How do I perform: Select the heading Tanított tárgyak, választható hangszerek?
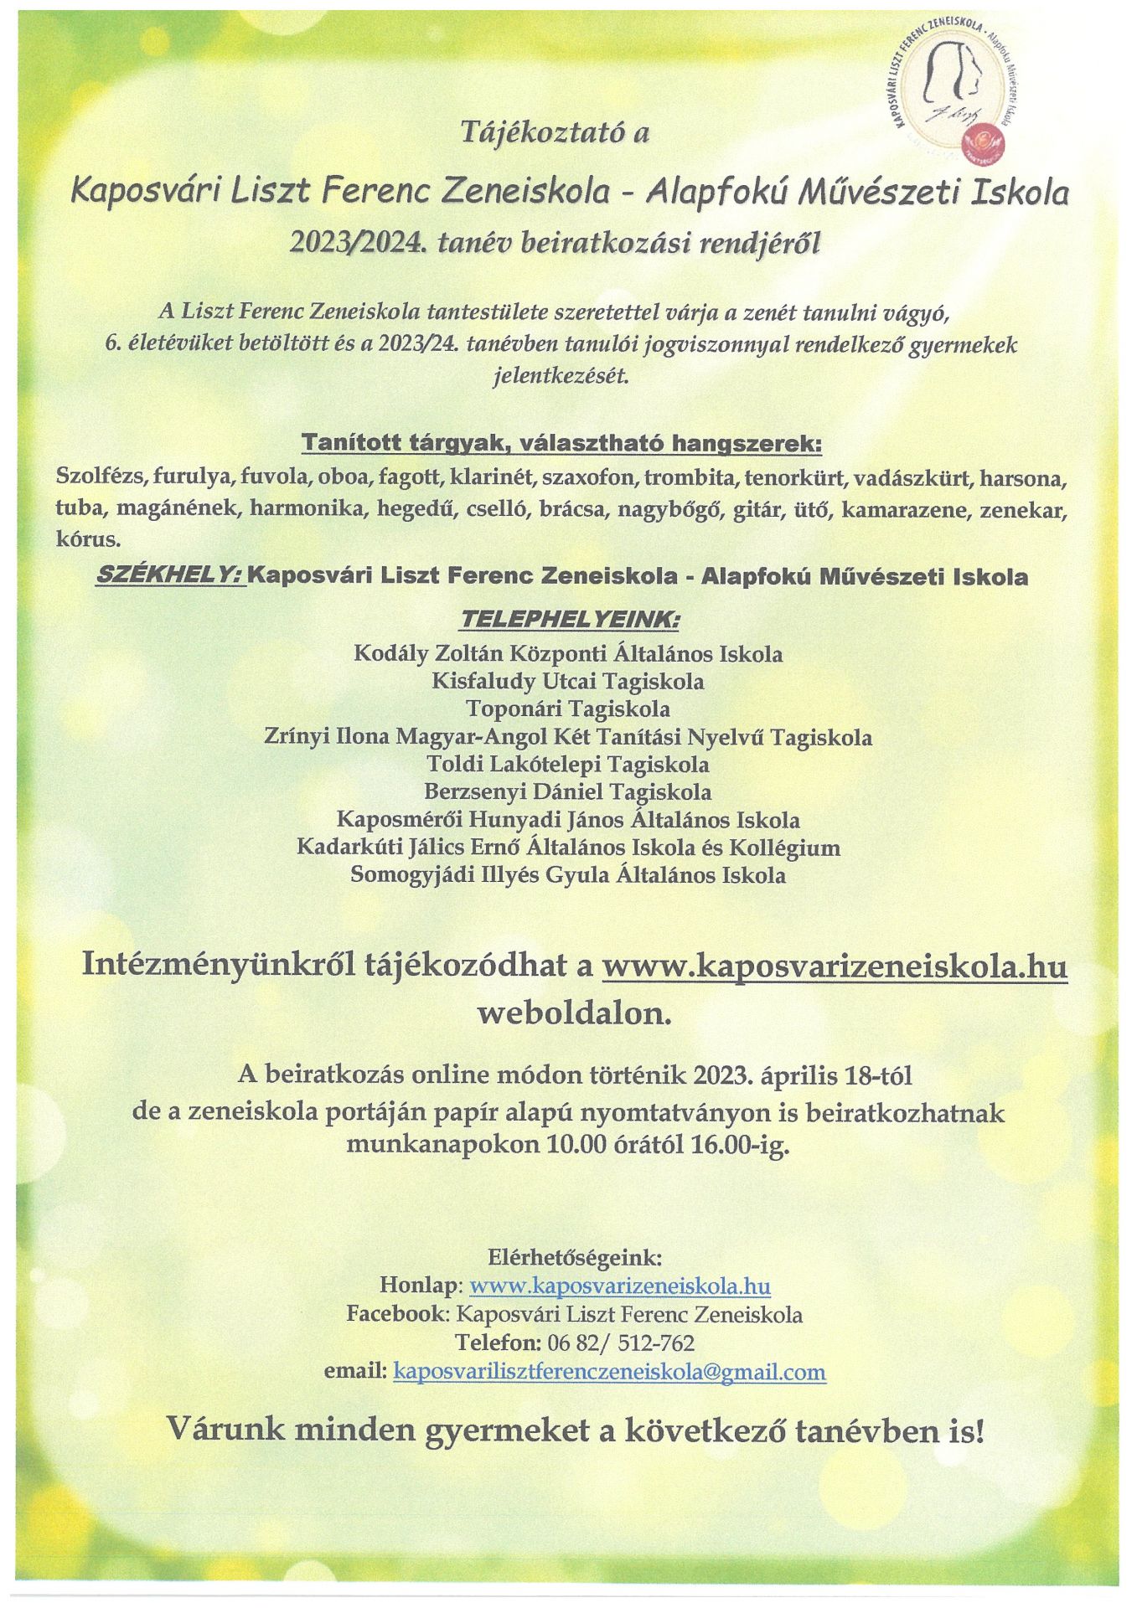[x=561, y=442]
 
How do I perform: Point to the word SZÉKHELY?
[x=170, y=576]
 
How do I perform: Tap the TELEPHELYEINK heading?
[x=569, y=621]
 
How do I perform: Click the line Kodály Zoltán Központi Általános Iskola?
[x=568, y=653]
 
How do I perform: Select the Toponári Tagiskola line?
[x=568, y=709]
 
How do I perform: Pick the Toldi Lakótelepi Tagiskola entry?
[x=568, y=764]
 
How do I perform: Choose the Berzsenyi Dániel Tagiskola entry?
[x=568, y=791]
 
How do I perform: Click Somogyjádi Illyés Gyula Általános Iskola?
[x=568, y=875]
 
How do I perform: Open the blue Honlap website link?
[x=620, y=1286]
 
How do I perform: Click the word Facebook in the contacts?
[x=397, y=1315]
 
